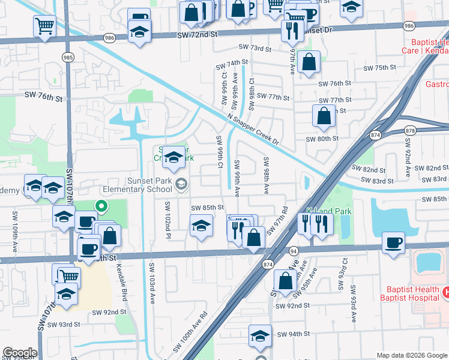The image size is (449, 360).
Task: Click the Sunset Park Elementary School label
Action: click(136, 184)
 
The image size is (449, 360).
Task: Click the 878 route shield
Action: click(410, 130)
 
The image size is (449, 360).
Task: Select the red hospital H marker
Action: click(445, 292)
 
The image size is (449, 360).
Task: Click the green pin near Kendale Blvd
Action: click(101, 208)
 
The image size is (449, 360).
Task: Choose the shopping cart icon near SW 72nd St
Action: click(45, 26)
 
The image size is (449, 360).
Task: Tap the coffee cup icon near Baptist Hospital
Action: click(393, 243)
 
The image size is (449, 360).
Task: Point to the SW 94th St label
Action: click(292, 334)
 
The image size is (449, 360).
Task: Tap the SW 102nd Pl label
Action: click(167, 218)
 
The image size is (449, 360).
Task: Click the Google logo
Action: click(20, 353)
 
